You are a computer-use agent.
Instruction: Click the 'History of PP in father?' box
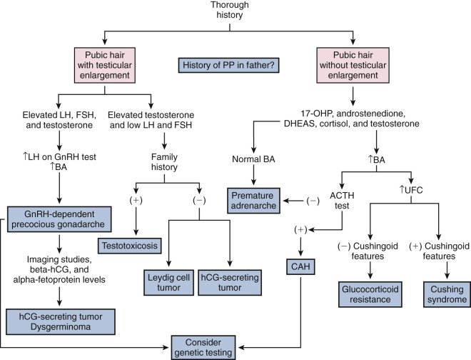(x=235, y=66)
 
